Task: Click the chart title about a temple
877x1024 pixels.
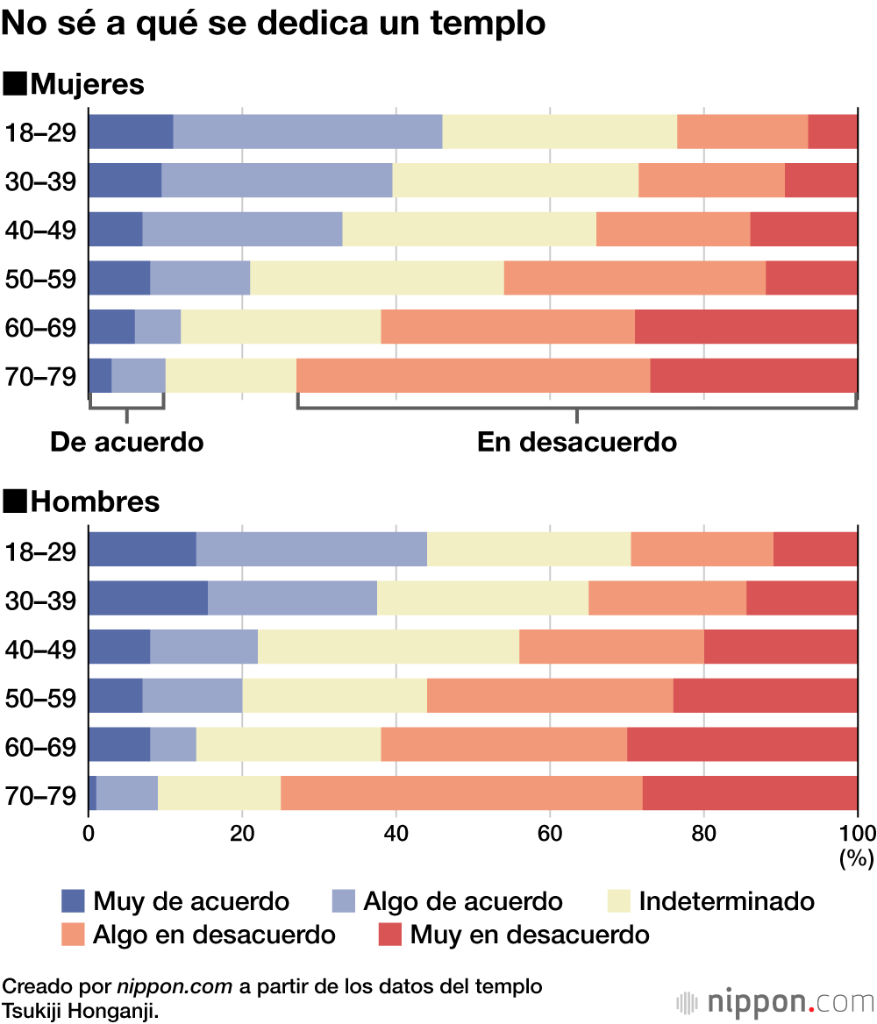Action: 274,24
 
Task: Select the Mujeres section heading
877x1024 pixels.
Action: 75,85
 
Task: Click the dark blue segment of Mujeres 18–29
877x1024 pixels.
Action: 131,132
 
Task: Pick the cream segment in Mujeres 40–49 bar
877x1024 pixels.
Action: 469,230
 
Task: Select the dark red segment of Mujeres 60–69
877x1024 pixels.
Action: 745,327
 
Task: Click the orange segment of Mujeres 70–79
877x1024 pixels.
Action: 473,376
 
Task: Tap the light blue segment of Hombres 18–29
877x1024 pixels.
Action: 311,550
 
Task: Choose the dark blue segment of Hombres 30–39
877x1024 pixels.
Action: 148,598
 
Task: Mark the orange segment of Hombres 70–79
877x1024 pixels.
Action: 461,793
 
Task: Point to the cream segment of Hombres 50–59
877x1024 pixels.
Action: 335,696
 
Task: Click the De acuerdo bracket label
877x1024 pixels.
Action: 126,443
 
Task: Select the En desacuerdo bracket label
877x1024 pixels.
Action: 576,443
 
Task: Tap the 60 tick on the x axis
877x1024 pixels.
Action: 550,834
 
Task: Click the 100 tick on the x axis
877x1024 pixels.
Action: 857,834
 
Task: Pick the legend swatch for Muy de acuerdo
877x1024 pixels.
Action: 73,900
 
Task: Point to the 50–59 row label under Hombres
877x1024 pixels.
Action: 40,699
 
